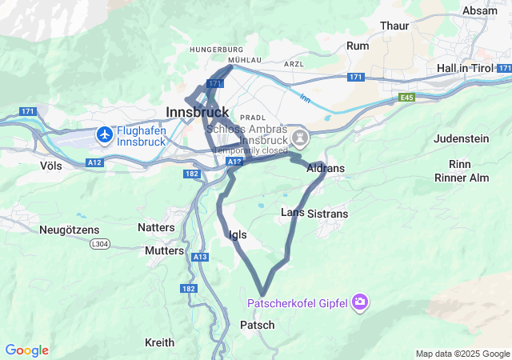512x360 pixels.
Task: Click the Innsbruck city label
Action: pyautogui.click(x=197, y=111)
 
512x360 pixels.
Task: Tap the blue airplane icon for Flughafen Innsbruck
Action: pyautogui.click(x=104, y=135)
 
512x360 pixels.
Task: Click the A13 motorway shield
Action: pyautogui.click(x=200, y=256)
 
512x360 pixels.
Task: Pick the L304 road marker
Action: pyautogui.click(x=99, y=244)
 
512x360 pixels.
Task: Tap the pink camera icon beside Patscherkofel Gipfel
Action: pyautogui.click(x=360, y=302)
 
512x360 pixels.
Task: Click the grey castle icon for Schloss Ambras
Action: pyautogui.click(x=300, y=138)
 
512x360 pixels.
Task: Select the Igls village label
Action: pyautogui.click(x=238, y=234)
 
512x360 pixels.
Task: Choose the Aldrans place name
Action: pyautogui.click(x=326, y=168)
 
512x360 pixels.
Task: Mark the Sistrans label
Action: pyautogui.click(x=328, y=214)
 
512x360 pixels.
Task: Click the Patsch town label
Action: pyautogui.click(x=257, y=325)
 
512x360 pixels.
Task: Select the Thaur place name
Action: pyautogui.click(x=394, y=26)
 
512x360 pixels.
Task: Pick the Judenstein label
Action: pyautogui.click(x=462, y=138)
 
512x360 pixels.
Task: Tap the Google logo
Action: pyautogui.click(x=26, y=350)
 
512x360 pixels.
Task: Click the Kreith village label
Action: pyautogui.click(x=159, y=342)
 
